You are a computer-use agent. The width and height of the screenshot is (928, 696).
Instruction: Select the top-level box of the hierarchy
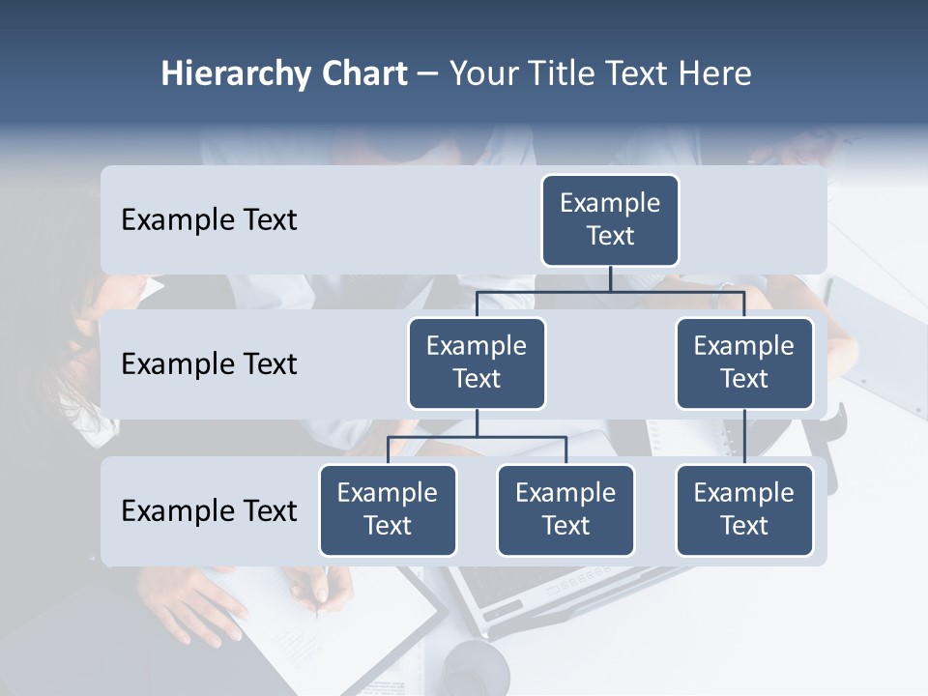click(610, 220)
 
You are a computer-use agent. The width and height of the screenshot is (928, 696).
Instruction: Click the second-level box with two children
click(477, 363)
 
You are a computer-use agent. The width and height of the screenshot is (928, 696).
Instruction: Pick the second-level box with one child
click(744, 363)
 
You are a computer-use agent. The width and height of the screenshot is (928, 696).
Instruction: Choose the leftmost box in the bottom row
click(388, 510)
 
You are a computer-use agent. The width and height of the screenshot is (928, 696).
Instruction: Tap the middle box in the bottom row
click(565, 510)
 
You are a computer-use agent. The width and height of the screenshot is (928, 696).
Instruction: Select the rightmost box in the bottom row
click(744, 510)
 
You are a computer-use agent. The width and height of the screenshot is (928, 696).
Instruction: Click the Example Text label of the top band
click(209, 220)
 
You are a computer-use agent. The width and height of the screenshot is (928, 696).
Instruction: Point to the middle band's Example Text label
click(209, 364)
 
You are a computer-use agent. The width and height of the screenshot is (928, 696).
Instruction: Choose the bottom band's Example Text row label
click(209, 510)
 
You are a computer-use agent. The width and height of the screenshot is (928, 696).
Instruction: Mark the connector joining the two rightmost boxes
click(744, 437)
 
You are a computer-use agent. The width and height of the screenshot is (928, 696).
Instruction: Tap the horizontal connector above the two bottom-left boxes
click(477, 437)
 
